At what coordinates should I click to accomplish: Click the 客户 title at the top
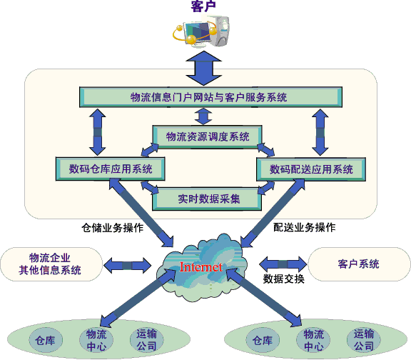[204, 7]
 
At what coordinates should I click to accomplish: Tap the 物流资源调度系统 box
[208, 136]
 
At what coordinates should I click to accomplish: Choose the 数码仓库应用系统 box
[111, 169]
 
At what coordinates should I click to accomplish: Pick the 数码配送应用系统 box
[311, 169]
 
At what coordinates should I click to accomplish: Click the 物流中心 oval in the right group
[313, 339]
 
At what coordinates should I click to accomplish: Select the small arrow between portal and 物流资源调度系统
[204, 116]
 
